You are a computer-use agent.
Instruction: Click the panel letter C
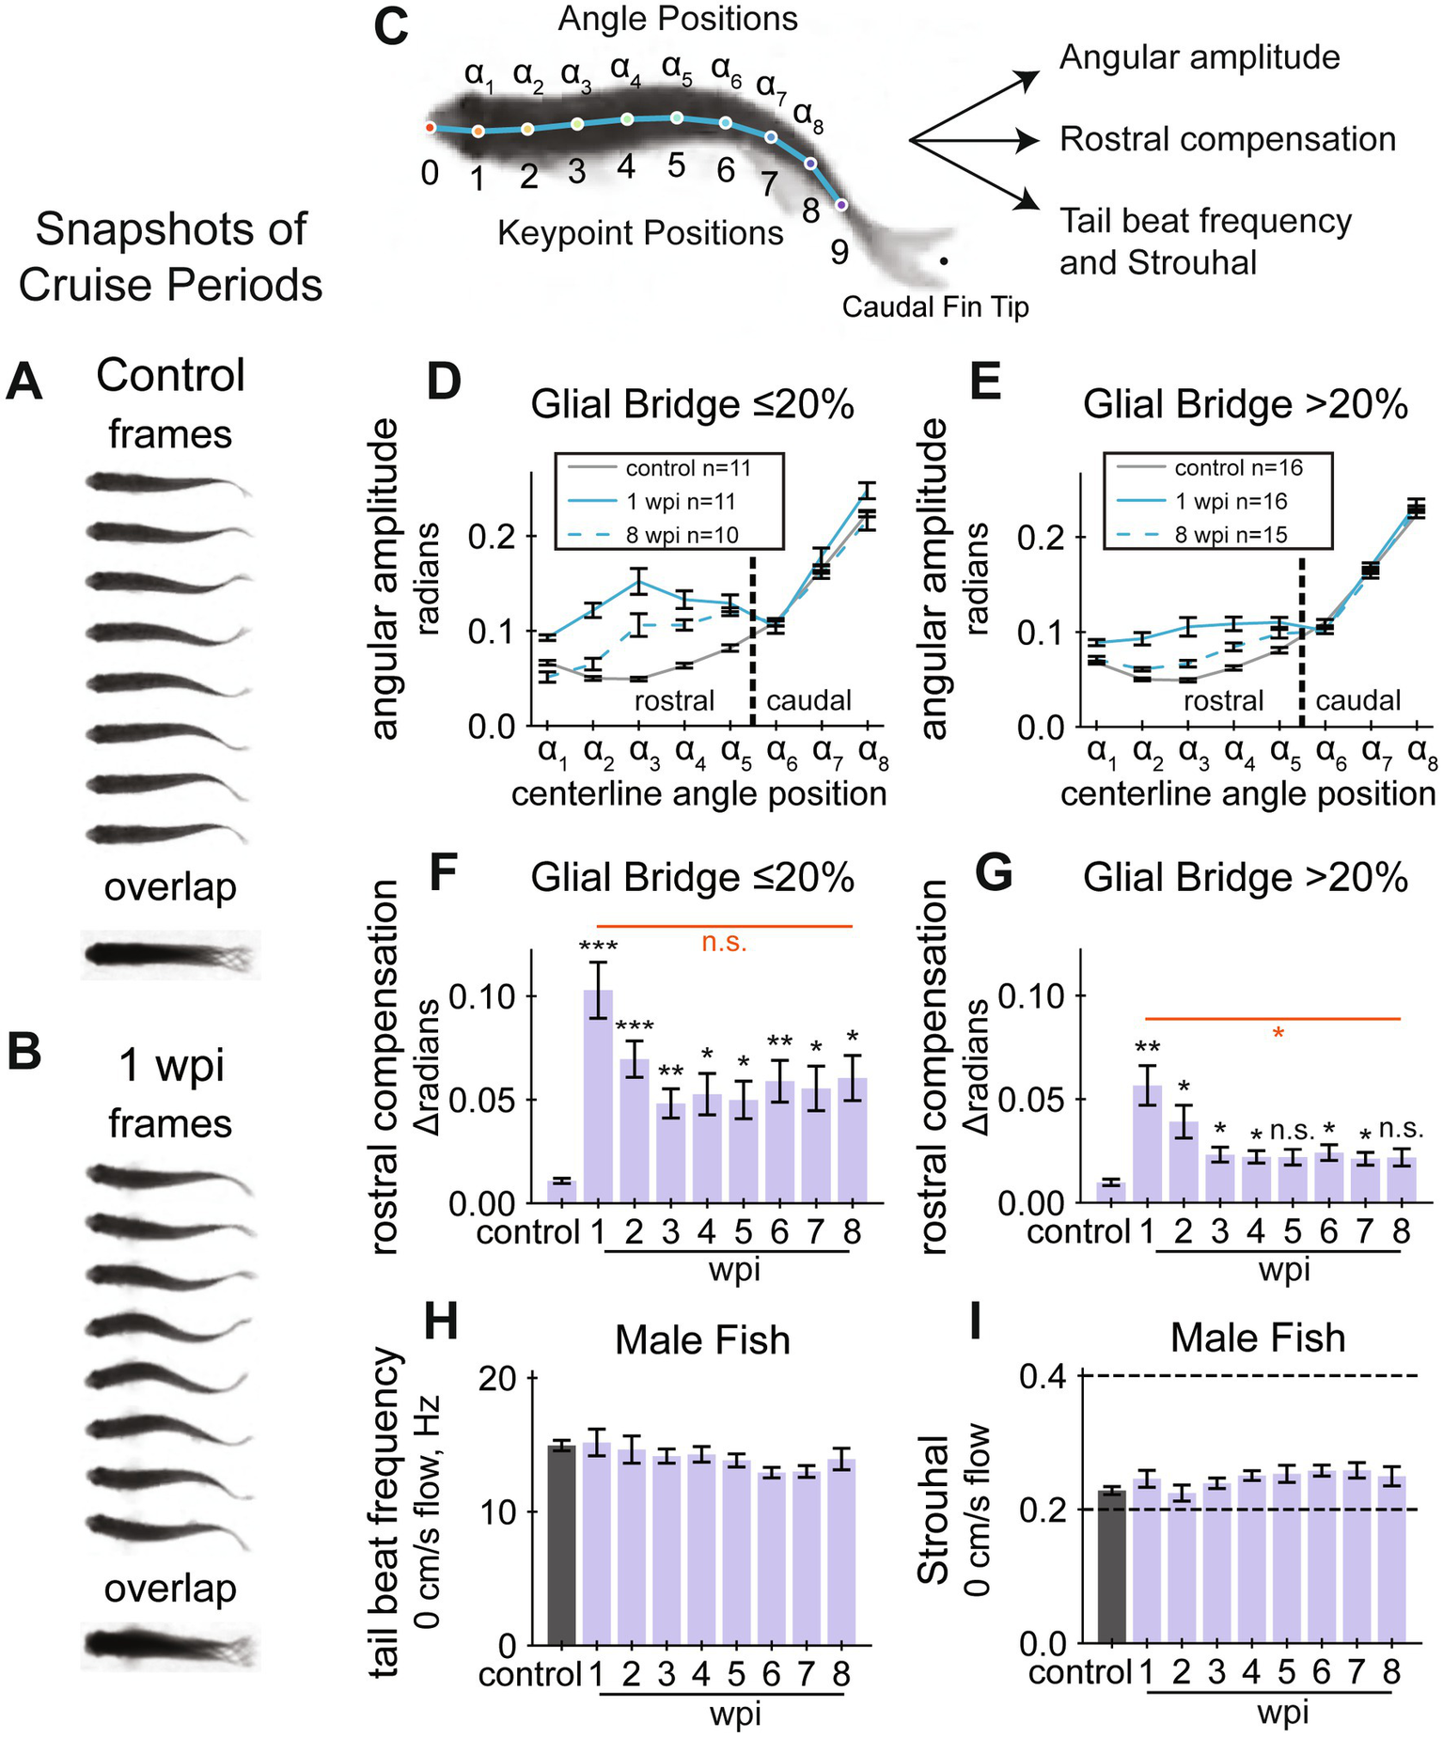click(x=390, y=25)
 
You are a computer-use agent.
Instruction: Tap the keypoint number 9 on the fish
click(x=839, y=252)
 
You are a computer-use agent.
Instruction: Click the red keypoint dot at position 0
click(x=430, y=127)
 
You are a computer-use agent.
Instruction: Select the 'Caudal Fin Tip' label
click(x=934, y=307)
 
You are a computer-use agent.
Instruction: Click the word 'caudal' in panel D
click(x=808, y=700)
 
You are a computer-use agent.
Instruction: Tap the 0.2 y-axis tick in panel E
click(x=1042, y=537)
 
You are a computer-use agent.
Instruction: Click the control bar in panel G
click(x=1110, y=1192)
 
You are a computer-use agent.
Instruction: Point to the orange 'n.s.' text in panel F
click(x=724, y=942)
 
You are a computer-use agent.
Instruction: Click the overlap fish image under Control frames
click(x=170, y=955)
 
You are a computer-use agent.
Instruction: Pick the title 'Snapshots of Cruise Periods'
click(x=170, y=257)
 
